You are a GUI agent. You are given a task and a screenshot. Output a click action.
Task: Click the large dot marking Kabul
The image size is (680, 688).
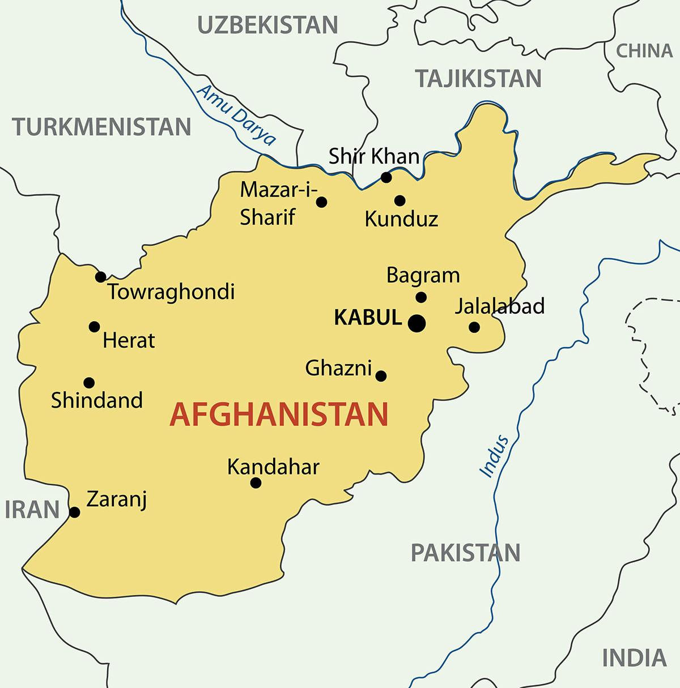pos(417,323)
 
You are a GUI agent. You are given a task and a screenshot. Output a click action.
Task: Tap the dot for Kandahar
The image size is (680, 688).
pos(256,483)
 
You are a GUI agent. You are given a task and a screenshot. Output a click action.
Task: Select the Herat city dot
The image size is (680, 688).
pos(95,327)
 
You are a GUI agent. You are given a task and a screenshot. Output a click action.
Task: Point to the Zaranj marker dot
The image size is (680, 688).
pos(74,512)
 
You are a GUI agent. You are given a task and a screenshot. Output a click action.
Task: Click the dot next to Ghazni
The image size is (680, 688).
pos(381,376)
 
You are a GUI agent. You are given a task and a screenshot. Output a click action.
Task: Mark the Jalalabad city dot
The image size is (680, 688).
pos(474,327)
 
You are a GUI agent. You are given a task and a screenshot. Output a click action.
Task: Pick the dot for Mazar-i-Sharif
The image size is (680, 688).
pos(321,202)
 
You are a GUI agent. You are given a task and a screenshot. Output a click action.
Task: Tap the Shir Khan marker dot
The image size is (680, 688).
pos(386,178)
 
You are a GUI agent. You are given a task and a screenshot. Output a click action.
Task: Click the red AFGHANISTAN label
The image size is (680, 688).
pos(279,414)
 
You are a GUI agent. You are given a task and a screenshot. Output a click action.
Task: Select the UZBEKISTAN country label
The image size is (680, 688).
pos(267,25)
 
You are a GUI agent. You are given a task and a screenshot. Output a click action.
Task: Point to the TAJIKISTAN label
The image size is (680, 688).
pos(479,79)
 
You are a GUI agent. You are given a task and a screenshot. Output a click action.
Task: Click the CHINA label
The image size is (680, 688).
pos(644,51)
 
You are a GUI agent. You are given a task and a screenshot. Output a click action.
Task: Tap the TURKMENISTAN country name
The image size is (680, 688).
pos(102,127)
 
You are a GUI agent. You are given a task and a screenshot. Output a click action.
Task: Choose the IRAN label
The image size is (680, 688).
pos(32,510)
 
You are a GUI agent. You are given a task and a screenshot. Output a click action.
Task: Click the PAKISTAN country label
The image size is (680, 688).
pos(465,553)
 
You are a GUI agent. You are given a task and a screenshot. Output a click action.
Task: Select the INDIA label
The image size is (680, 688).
pos(634,658)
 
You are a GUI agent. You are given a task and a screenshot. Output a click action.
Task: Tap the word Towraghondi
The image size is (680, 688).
pos(171,292)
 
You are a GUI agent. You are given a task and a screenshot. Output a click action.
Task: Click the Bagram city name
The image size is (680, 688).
pos(423,276)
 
